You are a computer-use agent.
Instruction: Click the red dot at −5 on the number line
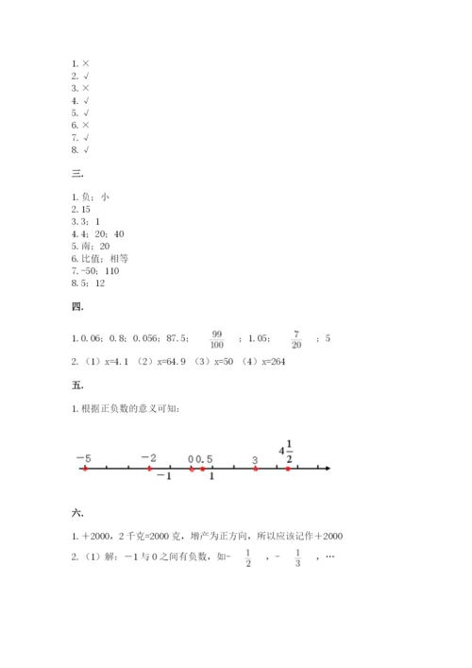pyautogui.click(x=85, y=468)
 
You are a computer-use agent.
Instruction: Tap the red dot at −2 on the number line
pyautogui.click(x=149, y=468)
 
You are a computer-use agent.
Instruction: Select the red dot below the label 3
pyautogui.click(x=255, y=468)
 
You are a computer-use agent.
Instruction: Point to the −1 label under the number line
pyautogui.click(x=163, y=477)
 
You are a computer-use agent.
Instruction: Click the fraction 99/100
pyautogui.click(x=217, y=338)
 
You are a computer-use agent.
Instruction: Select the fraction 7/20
pyautogui.click(x=296, y=338)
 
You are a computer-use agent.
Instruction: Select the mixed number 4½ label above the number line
pyautogui.click(x=287, y=451)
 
